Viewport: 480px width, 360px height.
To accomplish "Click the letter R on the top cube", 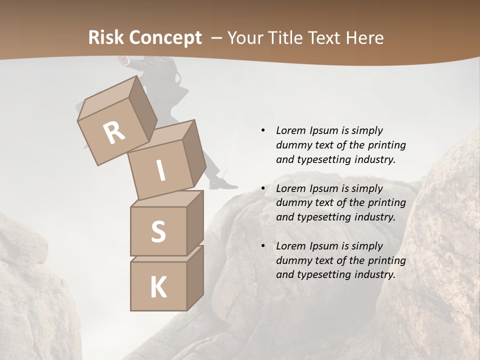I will click(x=114, y=132).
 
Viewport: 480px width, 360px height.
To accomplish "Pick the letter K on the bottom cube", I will click(x=158, y=287).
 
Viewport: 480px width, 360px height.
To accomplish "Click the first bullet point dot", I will click(x=262, y=130).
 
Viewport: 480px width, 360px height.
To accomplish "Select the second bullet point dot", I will click(x=262, y=188).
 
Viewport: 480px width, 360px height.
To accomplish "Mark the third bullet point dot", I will click(x=262, y=246).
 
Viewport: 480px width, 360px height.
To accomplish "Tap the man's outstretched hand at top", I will click(x=122, y=60).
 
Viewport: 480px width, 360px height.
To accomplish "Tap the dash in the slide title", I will click(x=217, y=38).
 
